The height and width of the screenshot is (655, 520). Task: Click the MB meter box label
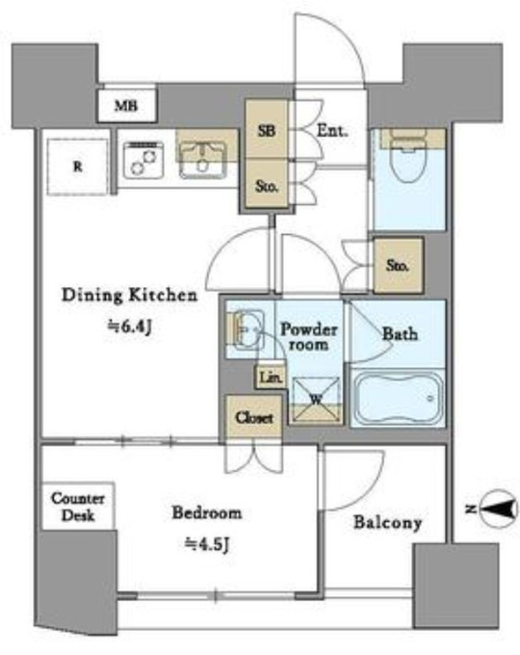pyautogui.click(x=126, y=106)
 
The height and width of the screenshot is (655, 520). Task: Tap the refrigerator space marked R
pyautogui.click(x=78, y=167)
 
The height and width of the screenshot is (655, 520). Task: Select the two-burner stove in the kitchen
pyautogui.click(x=143, y=161)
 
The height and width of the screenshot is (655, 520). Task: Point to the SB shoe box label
pyautogui.click(x=267, y=131)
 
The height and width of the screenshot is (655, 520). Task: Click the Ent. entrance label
pyautogui.click(x=332, y=131)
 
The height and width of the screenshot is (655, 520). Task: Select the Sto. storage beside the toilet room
pyautogui.click(x=399, y=265)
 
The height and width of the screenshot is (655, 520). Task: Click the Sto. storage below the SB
pyautogui.click(x=267, y=185)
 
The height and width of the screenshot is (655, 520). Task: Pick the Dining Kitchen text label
pyautogui.click(x=129, y=295)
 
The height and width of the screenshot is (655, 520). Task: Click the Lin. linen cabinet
pyautogui.click(x=271, y=378)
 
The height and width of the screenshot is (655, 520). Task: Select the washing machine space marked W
pyautogui.click(x=316, y=400)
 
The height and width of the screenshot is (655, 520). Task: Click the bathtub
pyautogui.click(x=399, y=398)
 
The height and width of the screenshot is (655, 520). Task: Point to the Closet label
pyautogui.click(x=254, y=417)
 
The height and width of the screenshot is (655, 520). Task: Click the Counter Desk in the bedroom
pyautogui.click(x=78, y=507)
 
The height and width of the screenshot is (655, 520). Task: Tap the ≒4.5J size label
pyautogui.click(x=207, y=544)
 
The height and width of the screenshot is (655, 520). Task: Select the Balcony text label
pyautogui.click(x=388, y=523)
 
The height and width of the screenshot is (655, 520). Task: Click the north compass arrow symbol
pyautogui.click(x=499, y=510)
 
